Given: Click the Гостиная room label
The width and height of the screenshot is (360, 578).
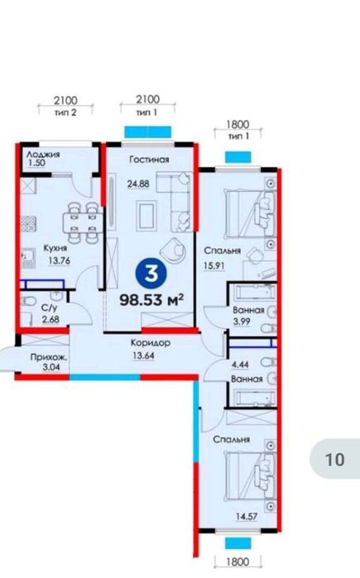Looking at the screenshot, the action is (x=149, y=160).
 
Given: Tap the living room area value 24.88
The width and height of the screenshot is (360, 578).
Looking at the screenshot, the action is (x=138, y=184).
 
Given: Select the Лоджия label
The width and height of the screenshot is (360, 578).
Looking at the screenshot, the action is (x=43, y=155).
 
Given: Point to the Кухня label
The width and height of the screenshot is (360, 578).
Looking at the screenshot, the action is (x=55, y=248).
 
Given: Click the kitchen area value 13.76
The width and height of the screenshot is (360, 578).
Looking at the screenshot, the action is (x=59, y=260).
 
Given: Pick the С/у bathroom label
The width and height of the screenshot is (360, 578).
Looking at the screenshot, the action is (x=49, y=308).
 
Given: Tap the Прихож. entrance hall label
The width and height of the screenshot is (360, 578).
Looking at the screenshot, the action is (x=50, y=357).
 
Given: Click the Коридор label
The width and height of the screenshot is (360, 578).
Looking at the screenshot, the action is (x=151, y=343).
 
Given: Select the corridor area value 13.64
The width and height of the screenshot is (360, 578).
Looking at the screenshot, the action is (x=143, y=356).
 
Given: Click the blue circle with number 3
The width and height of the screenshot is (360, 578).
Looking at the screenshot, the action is (x=151, y=274).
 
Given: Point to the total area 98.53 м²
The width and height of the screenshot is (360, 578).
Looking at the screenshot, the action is (x=151, y=300).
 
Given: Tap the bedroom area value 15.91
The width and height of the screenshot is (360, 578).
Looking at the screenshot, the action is (x=214, y=265).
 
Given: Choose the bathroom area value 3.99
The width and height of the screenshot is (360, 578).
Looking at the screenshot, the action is (x=242, y=322).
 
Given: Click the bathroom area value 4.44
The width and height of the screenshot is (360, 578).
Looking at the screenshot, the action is (x=240, y=365).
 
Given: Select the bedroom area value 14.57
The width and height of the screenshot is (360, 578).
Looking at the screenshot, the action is (x=247, y=517).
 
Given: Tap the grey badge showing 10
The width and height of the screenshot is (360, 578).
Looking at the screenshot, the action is (x=334, y=459).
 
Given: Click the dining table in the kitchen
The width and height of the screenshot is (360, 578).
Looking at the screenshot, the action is (x=82, y=222).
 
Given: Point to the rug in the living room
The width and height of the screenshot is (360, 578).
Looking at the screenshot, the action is (x=146, y=215).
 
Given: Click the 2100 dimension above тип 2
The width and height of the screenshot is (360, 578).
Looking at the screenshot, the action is (x=65, y=101).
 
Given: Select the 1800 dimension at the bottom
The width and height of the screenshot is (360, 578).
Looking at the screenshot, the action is (x=238, y=562).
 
